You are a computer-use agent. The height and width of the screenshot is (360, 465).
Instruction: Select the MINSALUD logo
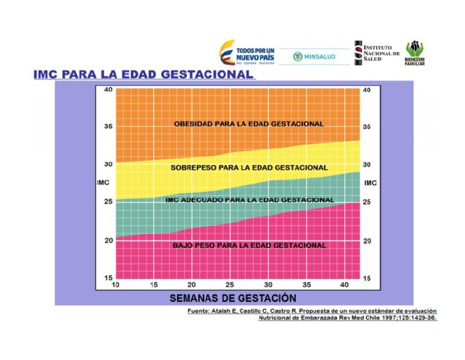pyautogui.click(x=314, y=56)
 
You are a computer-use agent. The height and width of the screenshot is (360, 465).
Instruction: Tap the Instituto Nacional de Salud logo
pyautogui.click(x=377, y=52)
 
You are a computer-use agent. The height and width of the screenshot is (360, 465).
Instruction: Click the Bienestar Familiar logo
pyautogui.click(x=415, y=53)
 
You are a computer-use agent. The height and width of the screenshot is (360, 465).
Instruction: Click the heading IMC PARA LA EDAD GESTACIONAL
pyautogui.click(x=143, y=74)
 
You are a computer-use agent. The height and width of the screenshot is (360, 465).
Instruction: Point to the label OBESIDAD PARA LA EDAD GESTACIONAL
pyautogui.click(x=248, y=124)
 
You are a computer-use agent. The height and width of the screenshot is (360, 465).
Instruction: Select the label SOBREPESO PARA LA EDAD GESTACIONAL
pyautogui.click(x=249, y=167)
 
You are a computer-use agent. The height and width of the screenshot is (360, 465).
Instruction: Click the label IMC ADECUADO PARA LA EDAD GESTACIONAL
pyautogui.click(x=249, y=199)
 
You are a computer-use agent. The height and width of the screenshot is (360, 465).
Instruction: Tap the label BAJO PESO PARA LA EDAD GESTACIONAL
pyautogui.click(x=249, y=245)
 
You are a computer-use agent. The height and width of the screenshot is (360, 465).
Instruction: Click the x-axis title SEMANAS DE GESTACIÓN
pyautogui.click(x=232, y=298)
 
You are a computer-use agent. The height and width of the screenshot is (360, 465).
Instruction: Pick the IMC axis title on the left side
pyautogui.click(x=104, y=182)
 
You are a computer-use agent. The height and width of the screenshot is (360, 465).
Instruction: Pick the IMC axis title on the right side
pyautogui.click(x=371, y=182)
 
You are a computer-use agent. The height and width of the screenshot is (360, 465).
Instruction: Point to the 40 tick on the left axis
pyautogui.click(x=107, y=90)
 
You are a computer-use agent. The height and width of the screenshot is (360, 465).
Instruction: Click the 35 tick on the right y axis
pyautogui.click(x=367, y=127)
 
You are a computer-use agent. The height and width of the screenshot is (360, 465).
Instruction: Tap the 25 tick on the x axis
pyautogui.click(x=229, y=285)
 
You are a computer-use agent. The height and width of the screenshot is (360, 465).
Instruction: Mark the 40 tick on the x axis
pyautogui.click(x=345, y=285)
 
